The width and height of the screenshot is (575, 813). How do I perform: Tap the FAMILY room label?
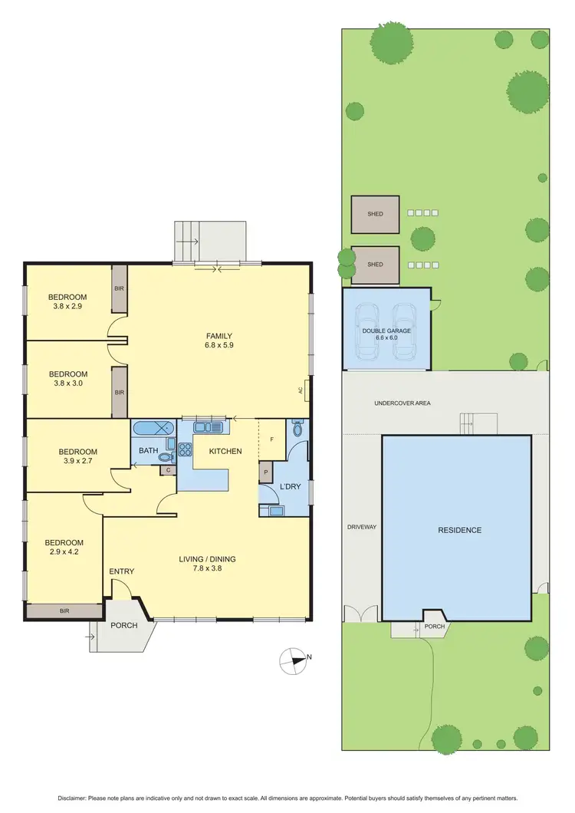[219, 336]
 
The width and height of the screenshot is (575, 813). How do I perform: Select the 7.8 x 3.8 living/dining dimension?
[209, 570]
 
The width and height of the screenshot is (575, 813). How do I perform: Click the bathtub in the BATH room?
[153, 428]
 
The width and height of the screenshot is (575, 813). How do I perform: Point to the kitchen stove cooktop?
[184, 451]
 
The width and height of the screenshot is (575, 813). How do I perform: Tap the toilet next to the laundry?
[298, 430]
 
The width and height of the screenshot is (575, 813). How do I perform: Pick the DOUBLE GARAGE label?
[387, 331]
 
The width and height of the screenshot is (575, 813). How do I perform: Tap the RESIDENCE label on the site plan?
[459, 530]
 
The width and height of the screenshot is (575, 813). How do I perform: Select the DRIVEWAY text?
[360, 528]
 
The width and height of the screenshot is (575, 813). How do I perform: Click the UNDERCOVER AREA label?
[399, 403]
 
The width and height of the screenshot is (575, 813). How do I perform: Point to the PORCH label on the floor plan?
[124, 625]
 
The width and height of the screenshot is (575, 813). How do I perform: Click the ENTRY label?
[122, 571]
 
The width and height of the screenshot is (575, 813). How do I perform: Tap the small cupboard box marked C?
[166, 470]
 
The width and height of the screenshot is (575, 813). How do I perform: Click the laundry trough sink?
[275, 509]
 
